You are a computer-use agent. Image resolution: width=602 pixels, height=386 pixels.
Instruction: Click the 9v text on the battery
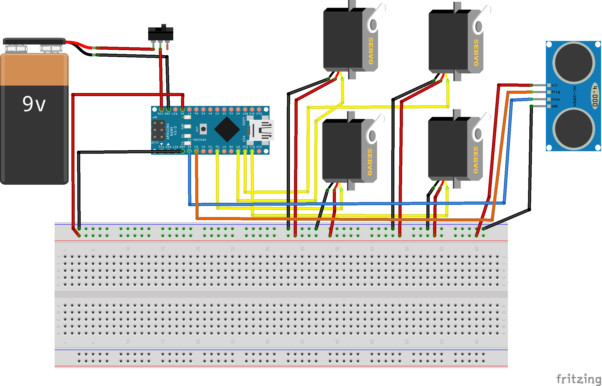[34, 104]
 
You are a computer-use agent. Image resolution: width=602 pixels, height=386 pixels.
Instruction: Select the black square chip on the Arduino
[227, 129]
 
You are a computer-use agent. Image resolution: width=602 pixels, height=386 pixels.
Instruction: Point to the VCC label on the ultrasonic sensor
[554, 85]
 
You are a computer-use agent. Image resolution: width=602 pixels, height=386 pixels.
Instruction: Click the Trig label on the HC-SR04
[555, 92]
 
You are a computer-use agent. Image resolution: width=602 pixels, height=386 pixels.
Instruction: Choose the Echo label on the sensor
[555, 99]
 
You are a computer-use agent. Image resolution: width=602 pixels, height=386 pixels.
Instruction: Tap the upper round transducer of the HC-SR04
[574, 63]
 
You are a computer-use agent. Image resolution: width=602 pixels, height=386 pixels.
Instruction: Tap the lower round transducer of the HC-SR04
[574, 129]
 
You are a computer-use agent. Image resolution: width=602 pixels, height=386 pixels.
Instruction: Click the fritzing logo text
[578, 379]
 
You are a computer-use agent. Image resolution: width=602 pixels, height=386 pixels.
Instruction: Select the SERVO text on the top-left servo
[371, 51]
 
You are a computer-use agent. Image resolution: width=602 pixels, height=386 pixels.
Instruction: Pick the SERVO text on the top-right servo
[476, 52]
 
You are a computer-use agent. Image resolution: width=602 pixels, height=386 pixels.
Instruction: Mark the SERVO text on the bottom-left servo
[370, 162]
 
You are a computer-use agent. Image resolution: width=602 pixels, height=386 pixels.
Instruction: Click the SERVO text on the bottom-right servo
[476, 160]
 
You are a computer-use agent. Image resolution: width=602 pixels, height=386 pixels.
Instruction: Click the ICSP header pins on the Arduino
[158, 130]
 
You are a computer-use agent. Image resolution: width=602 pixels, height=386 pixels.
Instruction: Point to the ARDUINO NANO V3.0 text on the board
[171, 131]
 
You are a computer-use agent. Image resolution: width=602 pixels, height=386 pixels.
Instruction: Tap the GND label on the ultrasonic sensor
[554, 106]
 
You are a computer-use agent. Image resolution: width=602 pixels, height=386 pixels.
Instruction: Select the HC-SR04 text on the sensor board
[575, 96]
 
